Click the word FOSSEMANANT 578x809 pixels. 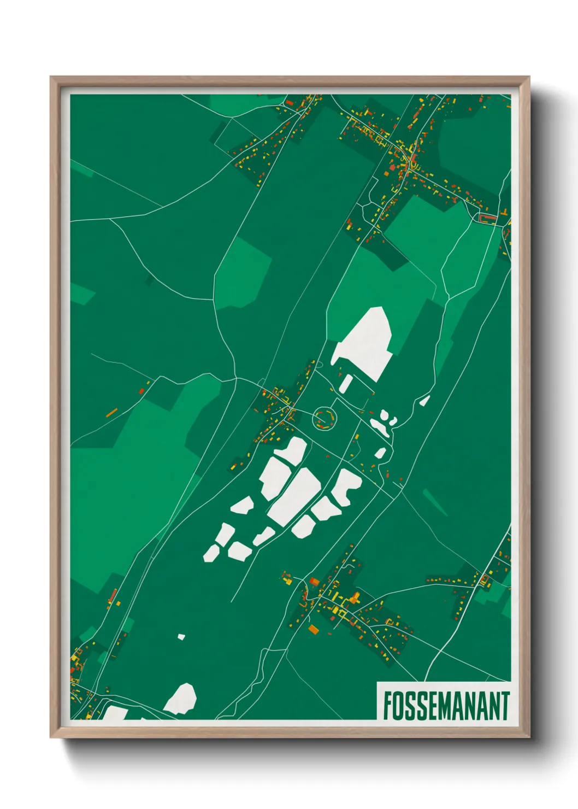tap(446, 706)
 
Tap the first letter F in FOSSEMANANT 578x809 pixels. tap(387, 706)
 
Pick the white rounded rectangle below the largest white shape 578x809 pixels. tap(346, 383)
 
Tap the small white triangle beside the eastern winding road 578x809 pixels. tap(424, 401)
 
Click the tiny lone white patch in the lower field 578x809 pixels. tap(181, 637)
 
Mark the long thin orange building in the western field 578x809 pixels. tap(112, 412)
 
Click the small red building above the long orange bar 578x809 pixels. tap(141, 390)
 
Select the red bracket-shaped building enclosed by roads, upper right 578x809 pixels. tap(487, 218)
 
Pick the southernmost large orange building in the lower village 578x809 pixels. tap(313, 630)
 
